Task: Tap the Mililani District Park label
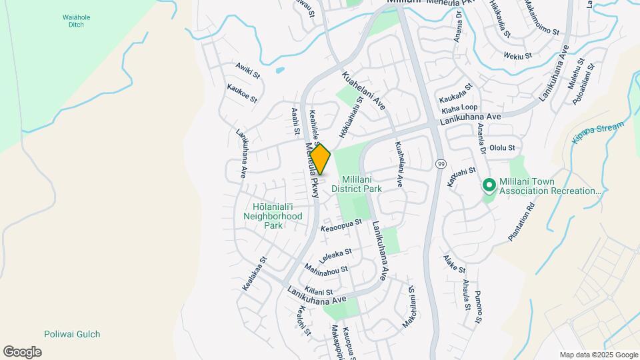click(x=361, y=184)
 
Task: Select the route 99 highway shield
click(x=441, y=163)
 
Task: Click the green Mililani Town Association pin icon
click(x=488, y=185)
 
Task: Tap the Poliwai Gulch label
click(x=72, y=334)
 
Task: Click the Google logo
click(x=22, y=352)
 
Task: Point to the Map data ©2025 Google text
click(x=599, y=355)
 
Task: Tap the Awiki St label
click(x=247, y=71)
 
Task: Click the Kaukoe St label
click(x=241, y=93)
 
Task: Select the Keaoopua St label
click(x=341, y=227)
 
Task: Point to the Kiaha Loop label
click(x=459, y=107)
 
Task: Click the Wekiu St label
click(x=518, y=56)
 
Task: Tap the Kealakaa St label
click(x=255, y=273)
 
